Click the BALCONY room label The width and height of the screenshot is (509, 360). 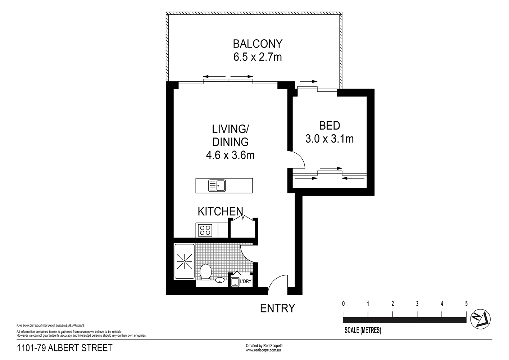tap(258, 44)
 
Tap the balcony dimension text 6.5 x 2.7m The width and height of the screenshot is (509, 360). tap(258, 57)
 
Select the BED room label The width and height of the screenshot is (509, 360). tap(330, 126)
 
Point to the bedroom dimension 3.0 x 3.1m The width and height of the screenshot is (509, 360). tap(330, 139)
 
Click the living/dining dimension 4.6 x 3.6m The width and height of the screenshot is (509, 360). tap(230, 155)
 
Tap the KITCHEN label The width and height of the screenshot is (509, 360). tap(220, 211)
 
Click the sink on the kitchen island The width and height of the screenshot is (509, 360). tap(217, 186)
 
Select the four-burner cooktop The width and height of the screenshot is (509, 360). tap(205, 230)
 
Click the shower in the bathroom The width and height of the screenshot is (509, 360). tap(184, 261)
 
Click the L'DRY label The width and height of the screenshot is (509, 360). tap(245, 281)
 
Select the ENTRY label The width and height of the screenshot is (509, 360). tap(277, 308)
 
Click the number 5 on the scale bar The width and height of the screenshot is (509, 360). tap(466, 303)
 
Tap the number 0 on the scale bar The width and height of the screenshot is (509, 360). tap(344, 303)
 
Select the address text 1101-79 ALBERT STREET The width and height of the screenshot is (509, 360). tap(65, 348)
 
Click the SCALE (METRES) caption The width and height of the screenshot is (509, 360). tap(363, 330)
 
